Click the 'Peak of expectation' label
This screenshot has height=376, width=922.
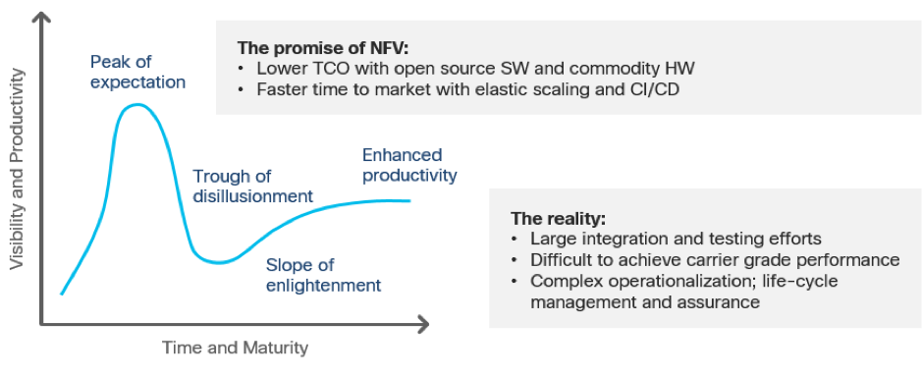(x=137, y=72)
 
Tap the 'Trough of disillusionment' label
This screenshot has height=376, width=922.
(x=253, y=186)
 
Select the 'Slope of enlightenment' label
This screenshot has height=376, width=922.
(x=323, y=275)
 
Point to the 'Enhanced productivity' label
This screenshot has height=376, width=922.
(x=409, y=165)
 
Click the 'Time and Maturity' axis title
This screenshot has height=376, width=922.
(x=236, y=348)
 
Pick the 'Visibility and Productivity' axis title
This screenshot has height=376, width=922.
(x=19, y=169)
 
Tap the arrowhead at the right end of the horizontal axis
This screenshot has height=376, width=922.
(x=423, y=324)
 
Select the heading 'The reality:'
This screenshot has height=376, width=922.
(x=558, y=219)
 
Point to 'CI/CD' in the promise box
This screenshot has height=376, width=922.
(x=658, y=90)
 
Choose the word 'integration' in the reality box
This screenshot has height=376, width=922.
(x=624, y=240)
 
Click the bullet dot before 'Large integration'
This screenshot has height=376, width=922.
(x=515, y=240)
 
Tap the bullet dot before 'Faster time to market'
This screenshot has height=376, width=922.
(x=242, y=90)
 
